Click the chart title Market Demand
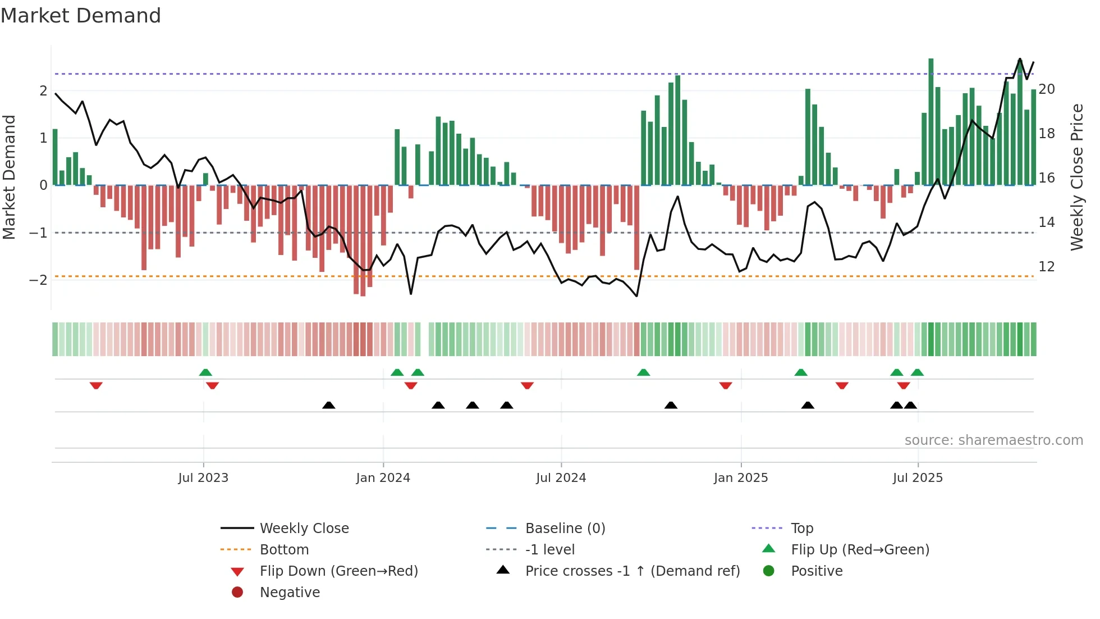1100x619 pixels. coord(81,16)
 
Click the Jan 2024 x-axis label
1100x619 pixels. coord(383,478)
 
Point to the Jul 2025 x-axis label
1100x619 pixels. coord(918,478)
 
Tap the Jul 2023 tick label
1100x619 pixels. coord(203,478)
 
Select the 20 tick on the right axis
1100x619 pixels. coord(1047,89)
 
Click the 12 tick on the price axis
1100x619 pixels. coord(1047,267)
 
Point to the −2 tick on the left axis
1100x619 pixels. coord(38,280)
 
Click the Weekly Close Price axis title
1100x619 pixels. coord(1076,177)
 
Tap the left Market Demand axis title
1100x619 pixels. coord(9,177)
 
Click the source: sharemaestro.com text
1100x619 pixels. coord(993,440)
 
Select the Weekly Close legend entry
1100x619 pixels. coord(304,529)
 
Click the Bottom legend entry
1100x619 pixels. coord(284,550)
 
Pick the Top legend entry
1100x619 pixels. coord(802,529)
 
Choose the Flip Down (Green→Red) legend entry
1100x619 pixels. coord(338,571)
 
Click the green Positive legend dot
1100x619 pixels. coord(769,571)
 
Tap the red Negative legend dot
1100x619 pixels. coord(237,593)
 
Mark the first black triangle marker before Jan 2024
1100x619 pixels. coord(329,406)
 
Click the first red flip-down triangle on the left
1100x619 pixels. coord(96,385)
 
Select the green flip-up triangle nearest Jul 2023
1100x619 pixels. coord(205,372)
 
